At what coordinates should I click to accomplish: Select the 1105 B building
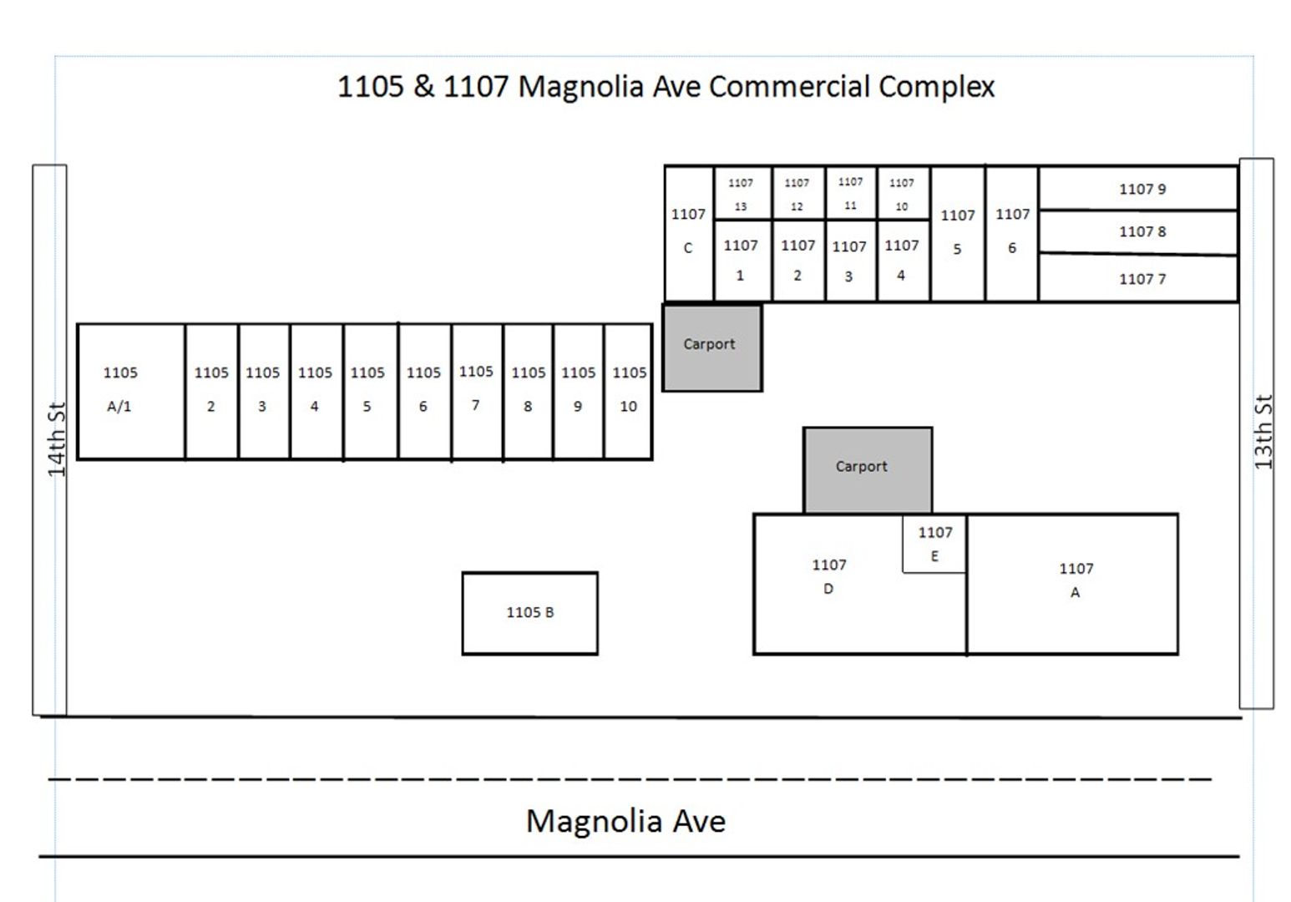click(x=529, y=612)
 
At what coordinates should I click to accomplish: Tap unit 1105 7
click(x=477, y=391)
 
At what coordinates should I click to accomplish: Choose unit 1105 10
click(x=628, y=391)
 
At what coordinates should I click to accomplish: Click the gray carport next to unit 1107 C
click(x=711, y=347)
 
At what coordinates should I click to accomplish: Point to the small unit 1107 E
click(x=934, y=544)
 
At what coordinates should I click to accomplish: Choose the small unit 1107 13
click(x=742, y=194)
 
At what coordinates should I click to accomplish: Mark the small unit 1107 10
click(x=902, y=194)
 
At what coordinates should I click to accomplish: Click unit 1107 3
click(x=850, y=261)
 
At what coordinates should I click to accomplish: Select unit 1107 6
click(x=1011, y=233)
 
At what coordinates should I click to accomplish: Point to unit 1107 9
click(x=1141, y=189)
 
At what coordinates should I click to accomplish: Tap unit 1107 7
click(x=1141, y=279)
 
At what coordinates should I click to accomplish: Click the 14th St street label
click(x=55, y=438)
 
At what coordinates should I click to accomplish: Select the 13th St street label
click(x=1263, y=432)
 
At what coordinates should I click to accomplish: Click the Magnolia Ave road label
click(x=625, y=821)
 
